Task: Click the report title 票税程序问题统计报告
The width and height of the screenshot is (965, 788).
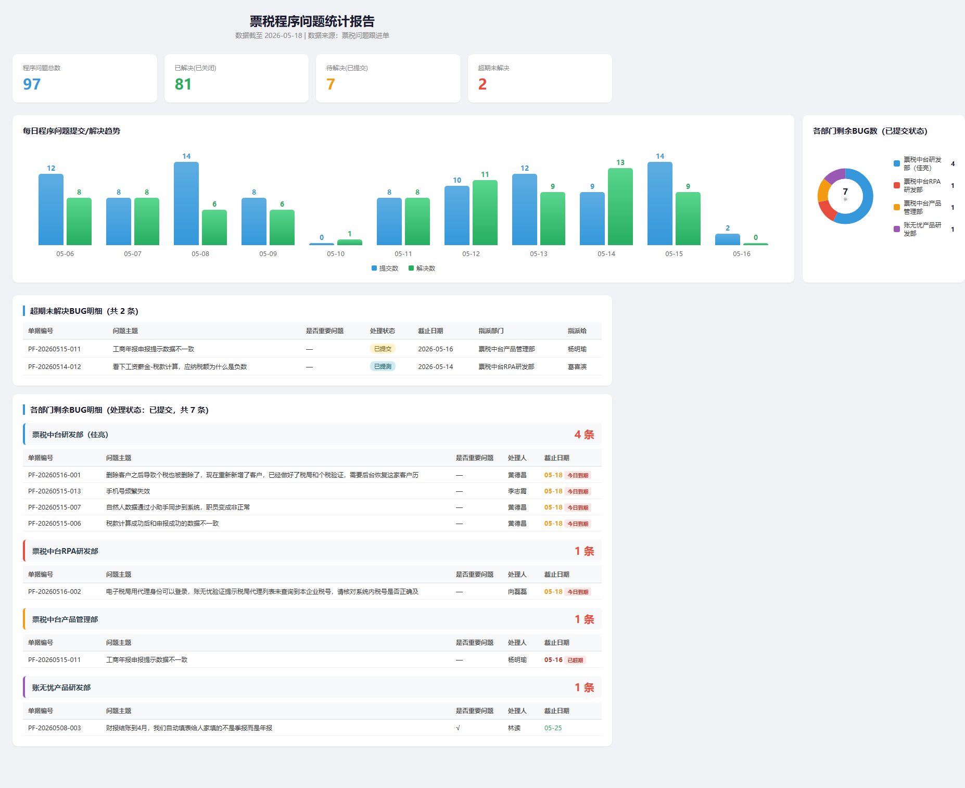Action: (312, 21)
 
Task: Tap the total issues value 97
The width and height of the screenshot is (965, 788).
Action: (32, 84)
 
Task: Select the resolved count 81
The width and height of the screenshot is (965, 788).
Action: (183, 84)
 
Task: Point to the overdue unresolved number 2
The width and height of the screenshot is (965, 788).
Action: (482, 84)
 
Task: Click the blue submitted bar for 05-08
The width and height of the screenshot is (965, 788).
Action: (186, 204)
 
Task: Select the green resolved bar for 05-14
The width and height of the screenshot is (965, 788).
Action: (620, 207)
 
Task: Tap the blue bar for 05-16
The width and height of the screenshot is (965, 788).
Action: (728, 239)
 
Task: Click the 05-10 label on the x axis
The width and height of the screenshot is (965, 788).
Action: (336, 254)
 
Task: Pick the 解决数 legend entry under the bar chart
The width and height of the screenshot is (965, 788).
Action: (422, 269)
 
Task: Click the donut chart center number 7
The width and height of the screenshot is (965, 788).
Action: (845, 192)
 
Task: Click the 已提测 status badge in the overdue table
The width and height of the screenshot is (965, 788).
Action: (383, 366)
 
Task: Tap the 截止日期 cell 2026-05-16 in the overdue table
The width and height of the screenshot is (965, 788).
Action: (436, 349)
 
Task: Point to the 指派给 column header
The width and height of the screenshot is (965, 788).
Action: (577, 331)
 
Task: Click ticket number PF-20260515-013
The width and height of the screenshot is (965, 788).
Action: (55, 491)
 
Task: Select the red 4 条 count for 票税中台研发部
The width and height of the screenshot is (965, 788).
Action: (585, 435)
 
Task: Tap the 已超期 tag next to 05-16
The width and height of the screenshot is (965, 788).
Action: (575, 660)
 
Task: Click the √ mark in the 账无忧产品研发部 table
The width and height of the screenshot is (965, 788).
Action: (458, 728)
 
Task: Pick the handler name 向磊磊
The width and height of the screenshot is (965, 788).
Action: (517, 592)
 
